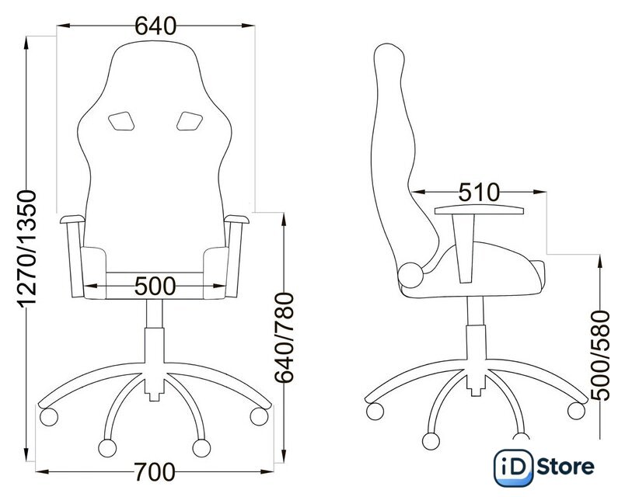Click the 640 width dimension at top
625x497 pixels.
155,26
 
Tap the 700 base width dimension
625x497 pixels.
154,472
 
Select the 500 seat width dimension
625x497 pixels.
155,286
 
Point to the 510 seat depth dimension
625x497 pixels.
479,193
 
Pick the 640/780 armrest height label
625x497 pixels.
285,338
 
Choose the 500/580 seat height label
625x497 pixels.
600,356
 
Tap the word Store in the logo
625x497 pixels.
565,467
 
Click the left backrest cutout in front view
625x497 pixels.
120,121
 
